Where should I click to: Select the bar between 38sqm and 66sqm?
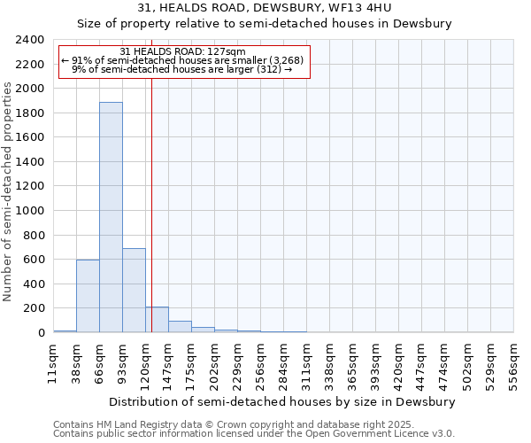[x=88, y=296]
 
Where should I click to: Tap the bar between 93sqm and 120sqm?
[x=134, y=291]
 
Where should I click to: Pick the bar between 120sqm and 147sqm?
[x=157, y=320]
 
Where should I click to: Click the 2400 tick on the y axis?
[x=31, y=40]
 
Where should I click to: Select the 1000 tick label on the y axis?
[x=31, y=211]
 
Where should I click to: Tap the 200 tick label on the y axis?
[x=35, y=308]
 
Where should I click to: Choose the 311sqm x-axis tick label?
[x=306, y=364]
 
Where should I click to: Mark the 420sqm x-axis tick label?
[x=398, y=364]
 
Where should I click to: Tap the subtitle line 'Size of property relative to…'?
[x=265, y=24]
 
